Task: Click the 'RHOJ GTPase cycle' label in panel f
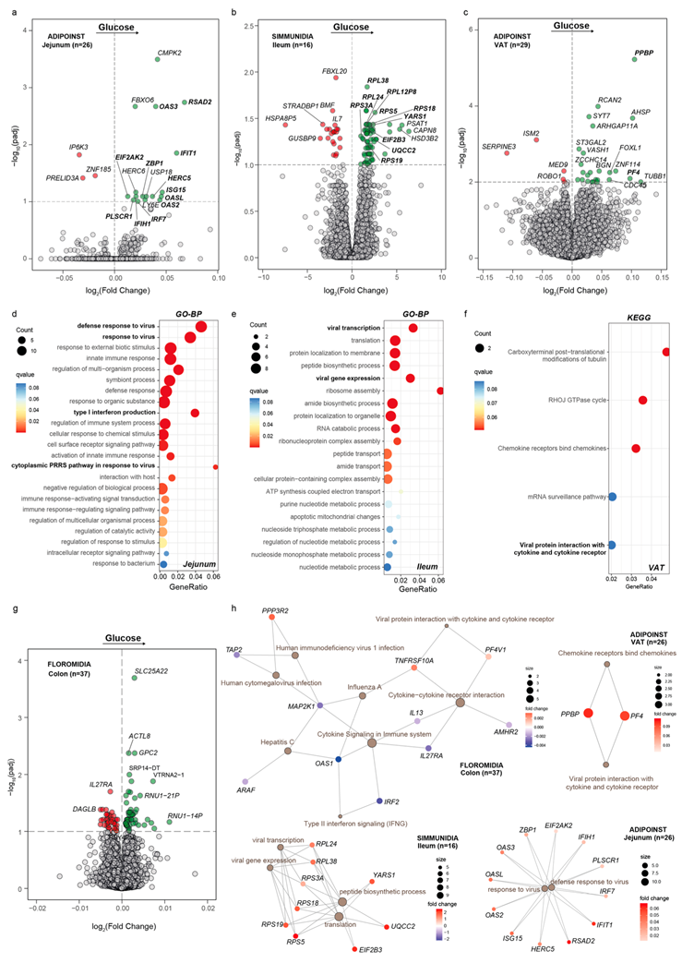coord(577,399)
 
